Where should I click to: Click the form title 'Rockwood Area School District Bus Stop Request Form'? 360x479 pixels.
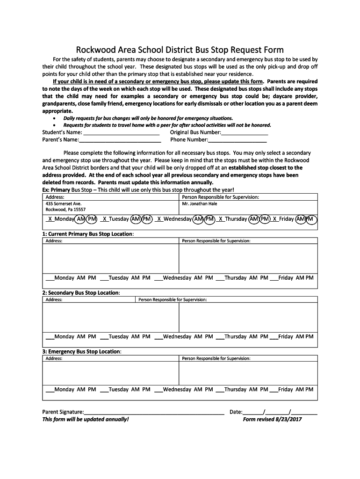coord(180,50)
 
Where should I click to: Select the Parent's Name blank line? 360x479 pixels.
coord(120,140)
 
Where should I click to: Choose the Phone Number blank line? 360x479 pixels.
coord(238,140)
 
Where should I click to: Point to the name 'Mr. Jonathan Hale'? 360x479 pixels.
coord(200,204)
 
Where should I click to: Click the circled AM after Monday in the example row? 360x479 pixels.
coord(81,219)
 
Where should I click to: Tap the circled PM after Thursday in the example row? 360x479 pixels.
coord(265,219)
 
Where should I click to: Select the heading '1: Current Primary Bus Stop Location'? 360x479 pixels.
coord(88,234)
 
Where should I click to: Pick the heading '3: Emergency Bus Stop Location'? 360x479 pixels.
coord(82,351)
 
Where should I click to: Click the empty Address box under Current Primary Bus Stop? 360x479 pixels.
coord(110,258)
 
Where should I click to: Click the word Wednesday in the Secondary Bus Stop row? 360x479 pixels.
coord(177,336)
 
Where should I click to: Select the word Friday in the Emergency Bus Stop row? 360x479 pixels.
coord(286,389)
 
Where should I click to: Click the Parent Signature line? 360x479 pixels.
coord(154,412)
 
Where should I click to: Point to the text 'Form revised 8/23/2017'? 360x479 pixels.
coord(273,420)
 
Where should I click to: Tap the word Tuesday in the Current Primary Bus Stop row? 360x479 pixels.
coord(119,278)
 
